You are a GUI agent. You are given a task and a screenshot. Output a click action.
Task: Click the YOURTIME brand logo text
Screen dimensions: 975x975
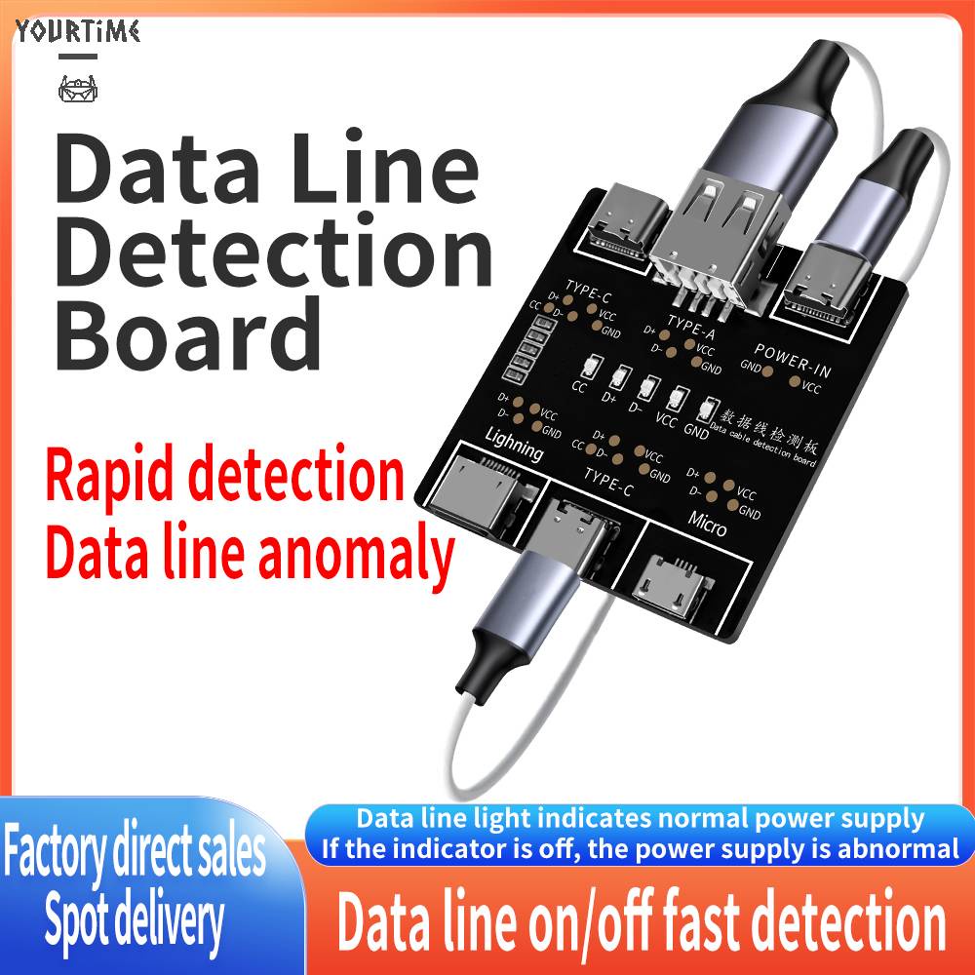click(78, 31)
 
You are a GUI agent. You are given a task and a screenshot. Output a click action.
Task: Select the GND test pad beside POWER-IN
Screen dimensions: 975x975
click(768, 370)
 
